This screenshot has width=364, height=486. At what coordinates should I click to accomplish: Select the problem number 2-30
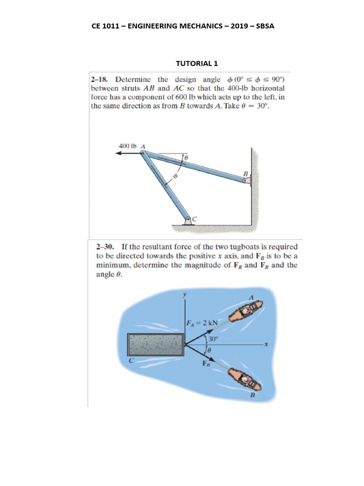pos(106,247)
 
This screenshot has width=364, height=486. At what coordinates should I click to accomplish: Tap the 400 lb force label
pos(127,146)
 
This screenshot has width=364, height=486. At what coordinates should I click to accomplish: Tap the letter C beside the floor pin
pos(194,218)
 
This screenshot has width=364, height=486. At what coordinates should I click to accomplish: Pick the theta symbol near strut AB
pos(186,156)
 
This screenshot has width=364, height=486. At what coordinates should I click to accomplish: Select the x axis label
pos(266,346)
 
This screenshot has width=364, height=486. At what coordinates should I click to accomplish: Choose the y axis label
pos(185,294)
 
